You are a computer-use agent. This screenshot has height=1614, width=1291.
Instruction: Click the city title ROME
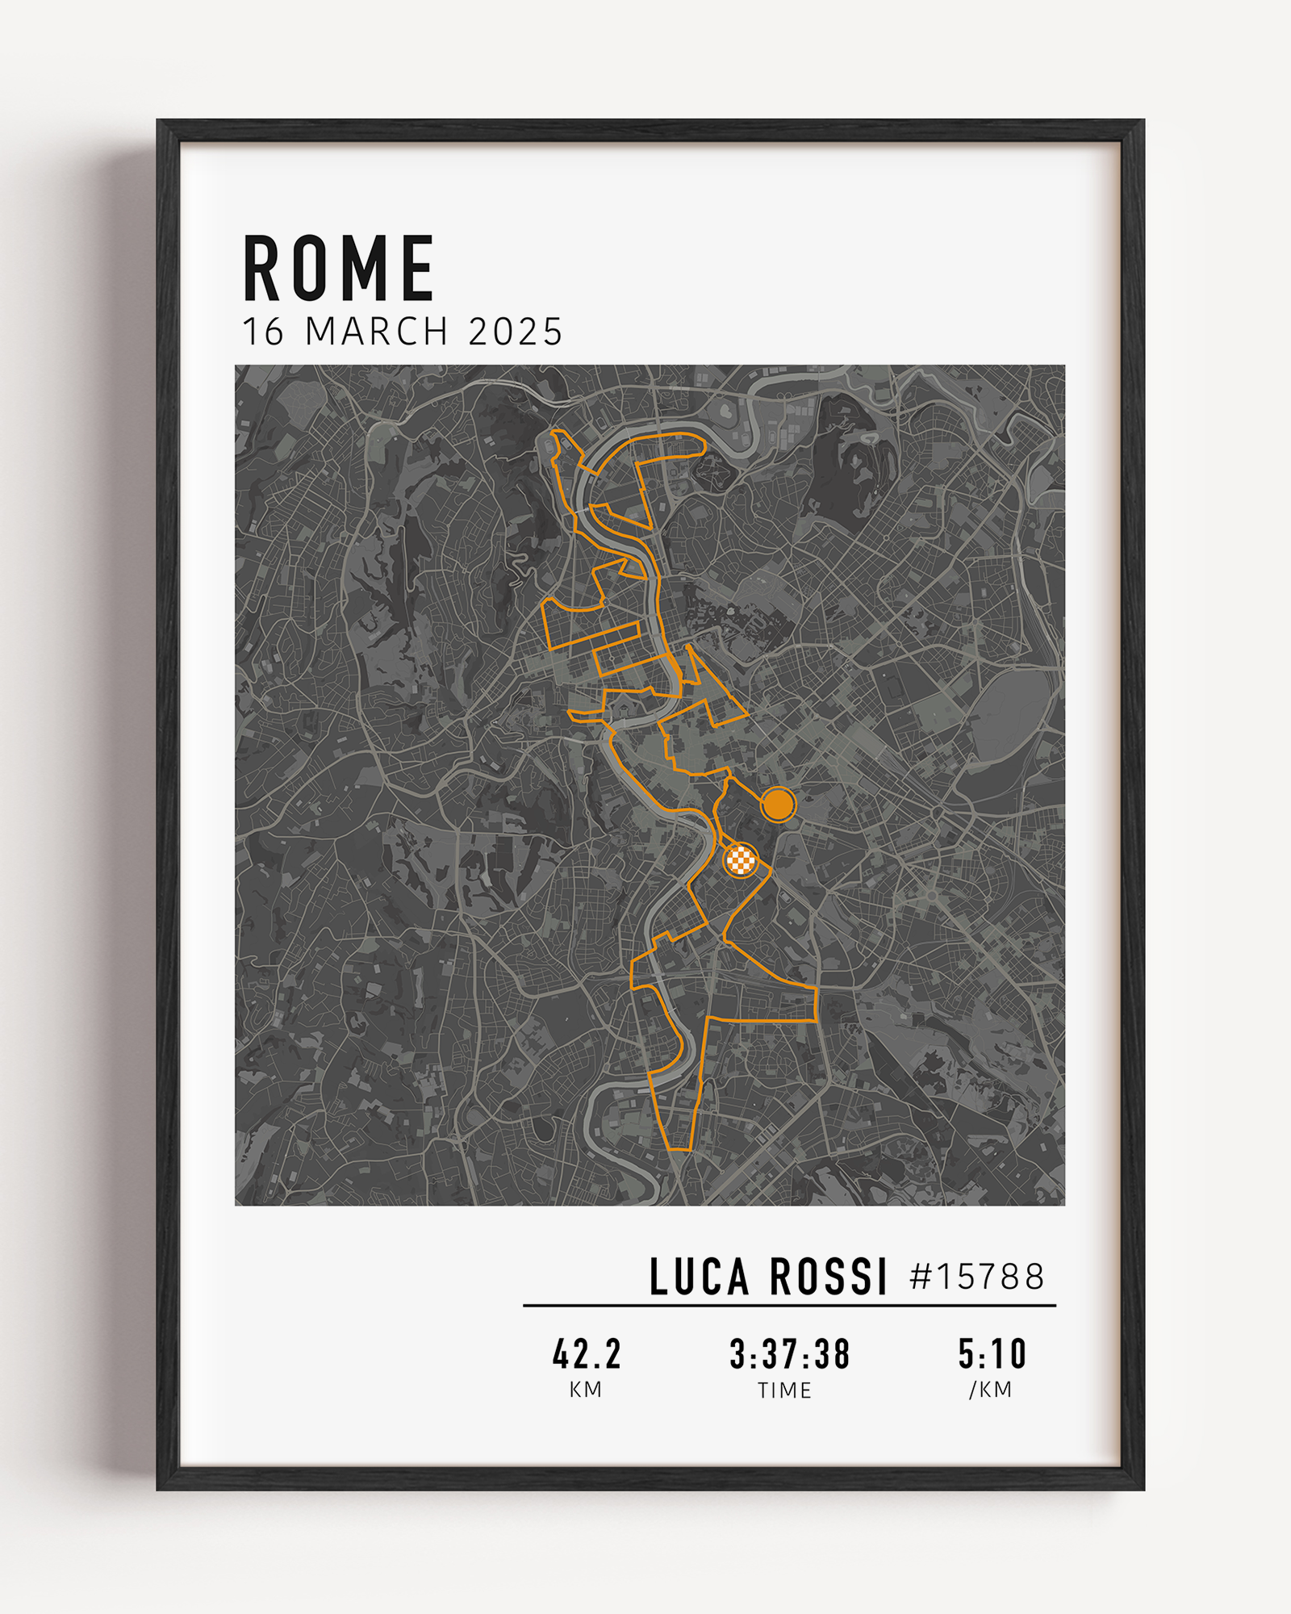(x=339, y=269)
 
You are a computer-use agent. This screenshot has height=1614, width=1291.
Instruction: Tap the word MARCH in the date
(x=376, y=332)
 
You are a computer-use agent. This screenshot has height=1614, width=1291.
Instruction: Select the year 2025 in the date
(x=515, y=332)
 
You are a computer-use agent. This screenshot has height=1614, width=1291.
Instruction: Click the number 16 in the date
(x=263, y=332)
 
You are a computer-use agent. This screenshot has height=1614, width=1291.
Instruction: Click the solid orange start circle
(x=778, y=804)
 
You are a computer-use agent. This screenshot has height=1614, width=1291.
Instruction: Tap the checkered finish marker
(x=740, y=860)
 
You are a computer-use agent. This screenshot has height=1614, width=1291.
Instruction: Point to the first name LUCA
(x=699, y=1277)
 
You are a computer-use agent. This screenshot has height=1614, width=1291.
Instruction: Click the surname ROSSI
(x=828, y=1277)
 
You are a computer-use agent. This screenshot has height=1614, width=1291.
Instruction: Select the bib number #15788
(x=976, y=1277)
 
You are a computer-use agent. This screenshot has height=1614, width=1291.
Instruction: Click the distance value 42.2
(x=587, y=1355)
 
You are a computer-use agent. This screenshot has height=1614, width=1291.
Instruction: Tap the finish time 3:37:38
(x=789, y=1355)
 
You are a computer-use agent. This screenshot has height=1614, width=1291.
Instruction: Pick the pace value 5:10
(x=992, y=1355)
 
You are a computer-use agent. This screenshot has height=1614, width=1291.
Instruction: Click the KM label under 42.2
(x=586, y=1390)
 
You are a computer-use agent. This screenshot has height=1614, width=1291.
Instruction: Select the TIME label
(x=784, y=1390)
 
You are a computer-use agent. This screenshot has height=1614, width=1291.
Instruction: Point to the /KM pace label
(x=991, y=1390)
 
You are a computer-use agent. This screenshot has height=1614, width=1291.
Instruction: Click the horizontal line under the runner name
(x=789, y=1305)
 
